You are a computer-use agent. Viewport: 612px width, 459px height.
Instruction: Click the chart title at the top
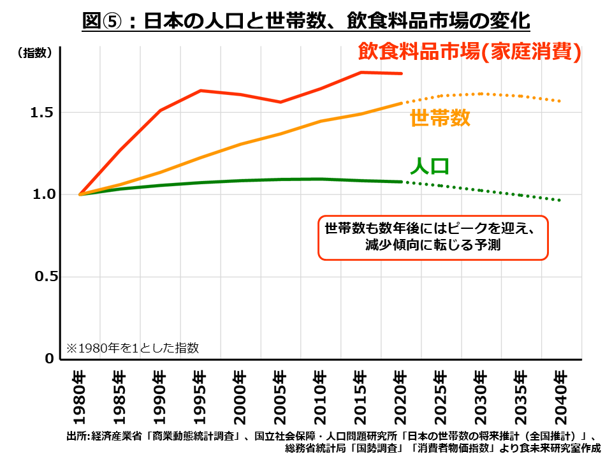coord(306,20)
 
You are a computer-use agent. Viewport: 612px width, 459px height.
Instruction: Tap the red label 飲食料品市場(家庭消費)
coord(469,52)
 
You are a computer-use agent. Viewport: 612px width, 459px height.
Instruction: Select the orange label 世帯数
coord(440,118)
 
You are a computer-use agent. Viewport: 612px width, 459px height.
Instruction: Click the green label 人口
coord(429,166)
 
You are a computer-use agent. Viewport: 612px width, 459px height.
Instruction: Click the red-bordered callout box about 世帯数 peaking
coord(433,237)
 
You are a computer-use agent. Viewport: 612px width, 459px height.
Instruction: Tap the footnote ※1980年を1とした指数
coord(133,348)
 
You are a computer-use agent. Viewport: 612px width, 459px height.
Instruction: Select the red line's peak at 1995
coord(200,91)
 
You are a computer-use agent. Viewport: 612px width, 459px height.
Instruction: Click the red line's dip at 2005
coord(280,102)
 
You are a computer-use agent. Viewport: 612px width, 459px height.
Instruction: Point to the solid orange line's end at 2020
coord(400,103)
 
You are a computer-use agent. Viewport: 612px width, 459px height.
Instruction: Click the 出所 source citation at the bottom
coord(331,442)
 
